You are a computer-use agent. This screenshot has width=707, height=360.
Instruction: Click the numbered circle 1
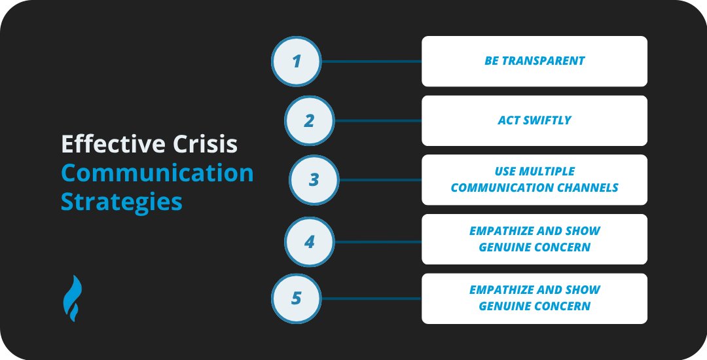297,62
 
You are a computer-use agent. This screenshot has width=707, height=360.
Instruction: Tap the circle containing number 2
309,120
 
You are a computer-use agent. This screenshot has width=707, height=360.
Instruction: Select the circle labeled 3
314,180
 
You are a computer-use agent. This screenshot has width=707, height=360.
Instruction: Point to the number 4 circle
309,242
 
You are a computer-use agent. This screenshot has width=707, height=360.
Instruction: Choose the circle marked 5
297,298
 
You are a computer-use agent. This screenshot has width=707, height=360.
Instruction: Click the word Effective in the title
114,144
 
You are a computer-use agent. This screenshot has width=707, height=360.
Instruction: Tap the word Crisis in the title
205,144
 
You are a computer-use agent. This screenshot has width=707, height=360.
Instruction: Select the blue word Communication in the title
157,173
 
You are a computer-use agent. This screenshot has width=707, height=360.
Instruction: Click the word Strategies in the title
122,202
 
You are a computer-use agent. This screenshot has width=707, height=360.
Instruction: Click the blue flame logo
73,298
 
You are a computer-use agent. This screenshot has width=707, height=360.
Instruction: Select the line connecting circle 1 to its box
372,62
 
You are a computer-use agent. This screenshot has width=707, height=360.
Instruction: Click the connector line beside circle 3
380,180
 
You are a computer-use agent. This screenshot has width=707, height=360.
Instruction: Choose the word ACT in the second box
505,120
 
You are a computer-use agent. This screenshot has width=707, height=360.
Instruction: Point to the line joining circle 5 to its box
372,298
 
